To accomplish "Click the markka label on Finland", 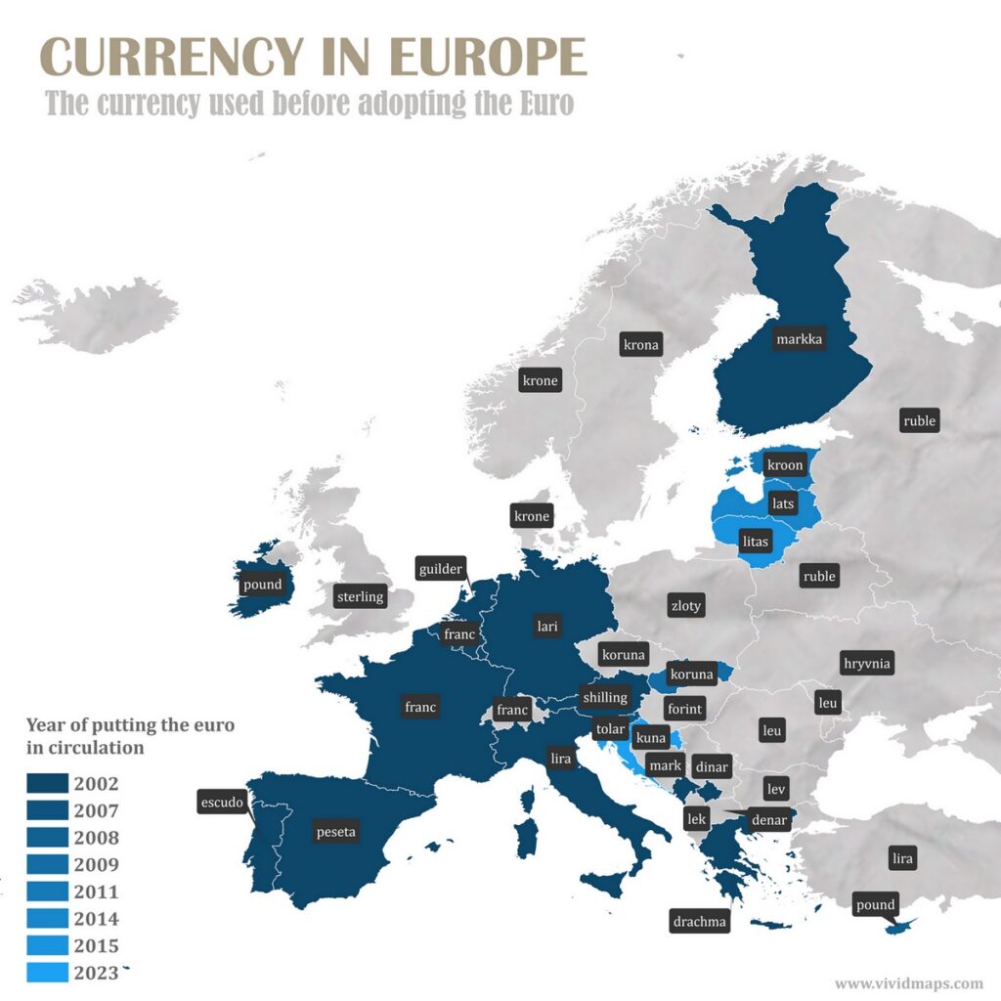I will tap(799, 339).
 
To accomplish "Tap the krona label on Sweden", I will tap(641, 344).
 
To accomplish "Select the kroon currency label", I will tap(785, 465).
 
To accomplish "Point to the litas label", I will tap(757, 540).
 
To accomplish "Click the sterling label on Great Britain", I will tap(360, 596).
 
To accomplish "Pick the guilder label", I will tap(440, 569).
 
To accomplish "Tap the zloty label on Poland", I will tap(685, 606).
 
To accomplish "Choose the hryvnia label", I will tap(867, 664).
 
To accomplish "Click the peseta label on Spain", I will tap(336, 833).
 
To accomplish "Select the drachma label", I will tap(699, 921).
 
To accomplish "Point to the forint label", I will tap(684, 708).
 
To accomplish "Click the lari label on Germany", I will tap(546, 626).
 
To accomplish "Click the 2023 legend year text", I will tap(96, 973).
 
